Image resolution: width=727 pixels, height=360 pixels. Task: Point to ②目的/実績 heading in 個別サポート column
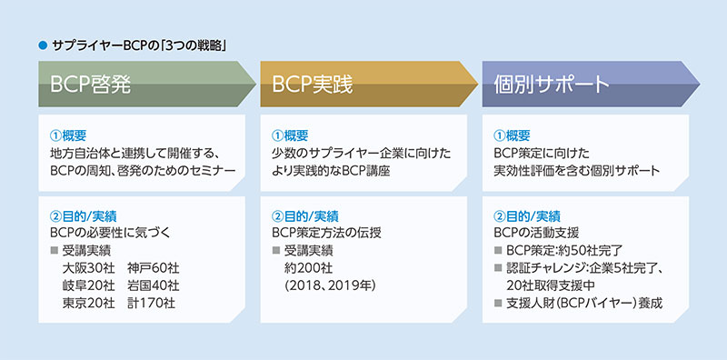(x=526, y=216)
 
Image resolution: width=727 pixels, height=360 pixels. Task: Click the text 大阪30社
(x=88, y=268)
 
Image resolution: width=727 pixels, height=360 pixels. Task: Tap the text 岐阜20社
(x=88, y=285)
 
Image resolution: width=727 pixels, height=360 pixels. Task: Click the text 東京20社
(x=88, y=303)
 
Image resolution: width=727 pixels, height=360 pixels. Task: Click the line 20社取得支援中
(x=555, y=285)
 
